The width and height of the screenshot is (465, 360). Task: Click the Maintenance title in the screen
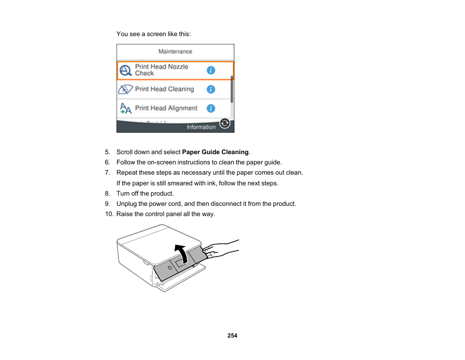click(175, 51)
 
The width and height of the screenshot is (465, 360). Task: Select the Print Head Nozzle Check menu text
click(161, 70)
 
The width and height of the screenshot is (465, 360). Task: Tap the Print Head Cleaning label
click(164, 89)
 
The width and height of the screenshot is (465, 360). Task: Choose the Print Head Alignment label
click(166, 108)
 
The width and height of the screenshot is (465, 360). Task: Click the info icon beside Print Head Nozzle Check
click(211, 70)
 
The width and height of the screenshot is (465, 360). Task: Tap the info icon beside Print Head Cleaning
click(211, 89)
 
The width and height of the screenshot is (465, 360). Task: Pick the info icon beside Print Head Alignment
click(211, 108)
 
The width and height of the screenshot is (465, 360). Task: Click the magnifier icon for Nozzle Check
click(126, 71)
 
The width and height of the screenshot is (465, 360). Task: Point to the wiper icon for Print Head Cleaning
click(125, 90)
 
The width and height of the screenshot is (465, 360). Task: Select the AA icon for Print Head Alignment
click(125, 108)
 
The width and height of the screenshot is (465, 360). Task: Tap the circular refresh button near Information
click(225, 123)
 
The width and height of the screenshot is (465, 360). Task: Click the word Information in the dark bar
click(201, 127)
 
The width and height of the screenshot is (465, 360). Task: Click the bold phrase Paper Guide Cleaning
click(215, 152)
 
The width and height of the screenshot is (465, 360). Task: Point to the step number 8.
click(108, 194)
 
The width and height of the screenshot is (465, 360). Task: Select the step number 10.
click(109, 214)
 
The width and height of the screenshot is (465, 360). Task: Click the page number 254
click(232, 336)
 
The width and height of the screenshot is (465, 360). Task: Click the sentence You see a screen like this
click(154, 34)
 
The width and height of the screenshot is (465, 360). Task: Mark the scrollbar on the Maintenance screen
click(232, 89)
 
